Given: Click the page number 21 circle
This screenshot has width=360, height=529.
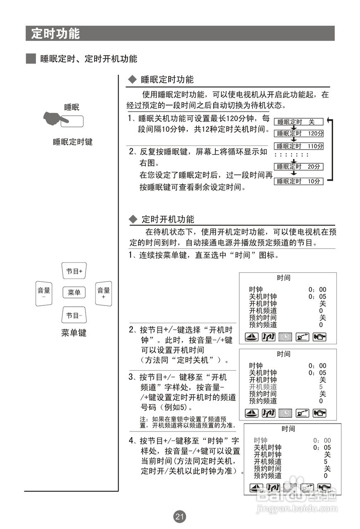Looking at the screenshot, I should pos(180,516).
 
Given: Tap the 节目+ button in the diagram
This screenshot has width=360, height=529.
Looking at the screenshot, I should pos(74,271).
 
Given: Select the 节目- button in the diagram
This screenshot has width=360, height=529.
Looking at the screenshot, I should pos(74,316).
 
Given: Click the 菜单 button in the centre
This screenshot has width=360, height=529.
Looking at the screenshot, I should pos(74,293).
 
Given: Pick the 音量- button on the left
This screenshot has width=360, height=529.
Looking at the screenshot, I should pos(44,293).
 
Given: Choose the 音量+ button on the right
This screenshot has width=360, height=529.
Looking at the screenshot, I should pos(103,293).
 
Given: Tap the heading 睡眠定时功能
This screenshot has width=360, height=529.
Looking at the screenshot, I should pos(167,79).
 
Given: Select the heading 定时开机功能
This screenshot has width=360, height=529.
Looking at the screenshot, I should pos(167,219).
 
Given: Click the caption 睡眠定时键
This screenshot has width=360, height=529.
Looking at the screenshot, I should pos(73,142).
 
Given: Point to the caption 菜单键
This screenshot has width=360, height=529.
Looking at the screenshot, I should pos(74,333).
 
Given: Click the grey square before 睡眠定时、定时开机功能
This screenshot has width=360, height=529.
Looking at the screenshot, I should pos(31,59).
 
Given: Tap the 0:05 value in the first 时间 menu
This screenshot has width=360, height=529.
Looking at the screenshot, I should pos(317,296).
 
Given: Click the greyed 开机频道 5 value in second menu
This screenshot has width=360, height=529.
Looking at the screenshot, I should pos(321,387).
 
